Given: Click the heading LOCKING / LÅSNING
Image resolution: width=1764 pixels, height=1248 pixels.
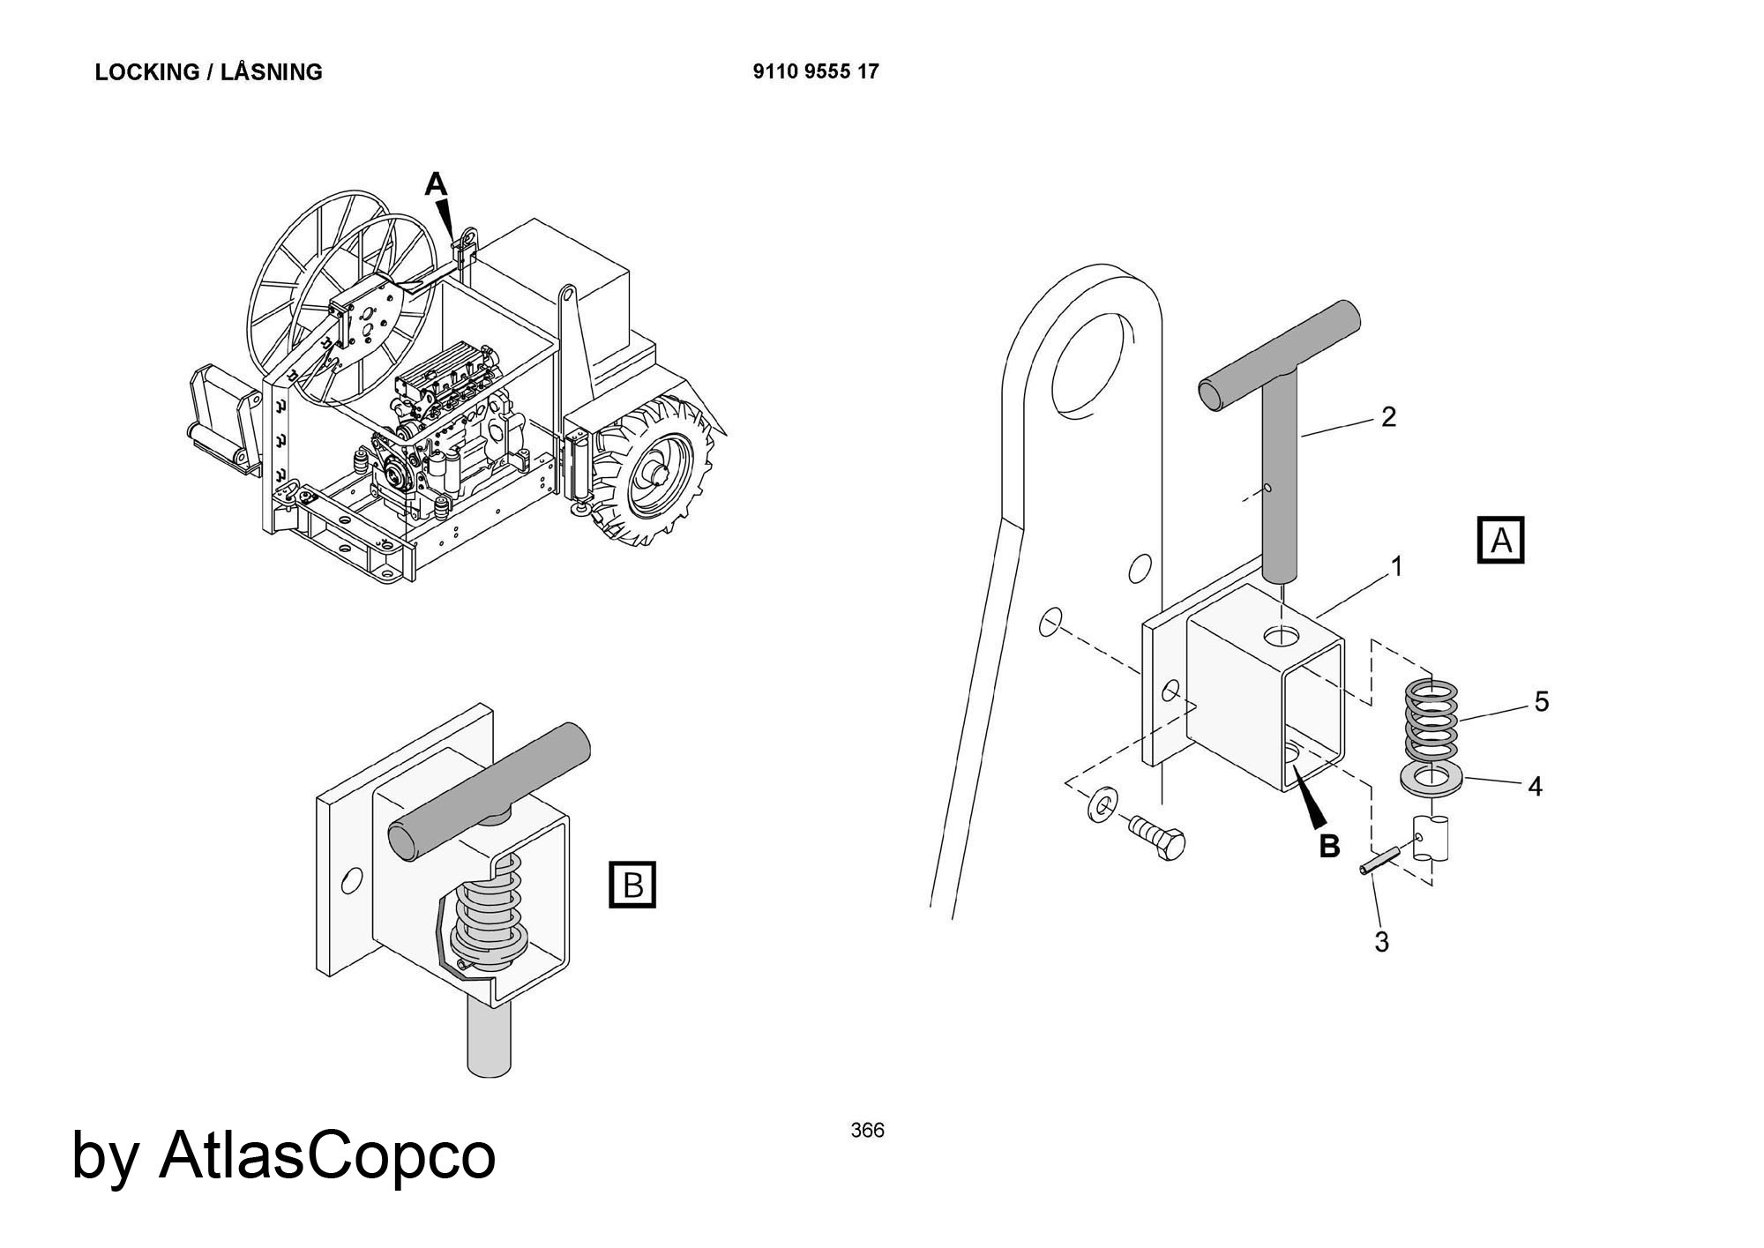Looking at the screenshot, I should [x=208, y=72].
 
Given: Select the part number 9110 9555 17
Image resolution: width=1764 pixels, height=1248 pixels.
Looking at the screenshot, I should [x=816, y=71].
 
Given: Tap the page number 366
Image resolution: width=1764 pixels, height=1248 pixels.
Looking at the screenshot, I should [x=867, y=1131].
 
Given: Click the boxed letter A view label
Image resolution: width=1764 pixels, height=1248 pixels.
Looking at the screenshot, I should [x=1500, y=540].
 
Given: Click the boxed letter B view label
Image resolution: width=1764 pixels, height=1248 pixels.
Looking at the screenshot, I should [x=632, y=884].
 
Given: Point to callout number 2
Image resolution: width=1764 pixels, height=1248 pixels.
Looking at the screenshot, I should [x=1388, y=417].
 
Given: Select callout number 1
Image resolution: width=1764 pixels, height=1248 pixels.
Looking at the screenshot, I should [x=1396, y=565].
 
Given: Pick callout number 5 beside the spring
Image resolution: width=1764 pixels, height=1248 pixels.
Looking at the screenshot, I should [x=1541, y=702].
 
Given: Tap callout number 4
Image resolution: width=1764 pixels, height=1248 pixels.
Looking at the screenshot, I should [x=1535, y=786].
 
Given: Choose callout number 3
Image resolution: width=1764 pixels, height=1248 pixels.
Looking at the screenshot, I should [x=1381, y=942].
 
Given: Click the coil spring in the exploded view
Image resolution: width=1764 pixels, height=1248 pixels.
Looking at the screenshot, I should [x=1431, y=721].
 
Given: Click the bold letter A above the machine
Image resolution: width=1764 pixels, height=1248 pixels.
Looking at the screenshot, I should [x=436, y=185].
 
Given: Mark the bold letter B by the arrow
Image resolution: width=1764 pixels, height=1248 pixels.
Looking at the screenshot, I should [x=1328, y=846].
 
